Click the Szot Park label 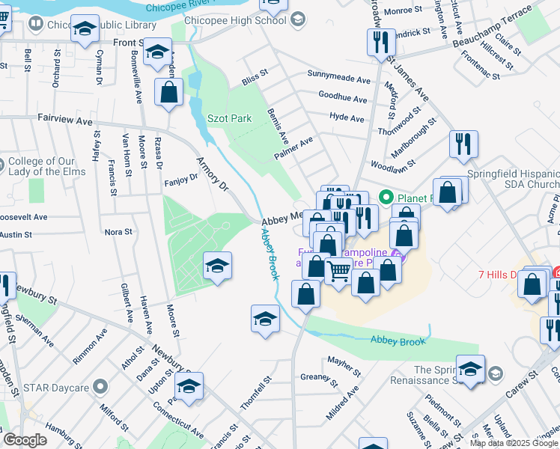[x=229, y=118]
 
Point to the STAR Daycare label [x=58, y=388]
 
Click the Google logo [x=25, y=440]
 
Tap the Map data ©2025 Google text [x=514, y=443]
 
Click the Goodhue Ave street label [x=342, y=99]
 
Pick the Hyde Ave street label [x=347, y=118]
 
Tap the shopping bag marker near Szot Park [x=169, y=93]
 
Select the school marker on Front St [x=158, y=52]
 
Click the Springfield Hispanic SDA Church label [x=513, y=178]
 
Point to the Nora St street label [x=118, y=232]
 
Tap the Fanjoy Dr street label [x=180, y=178]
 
